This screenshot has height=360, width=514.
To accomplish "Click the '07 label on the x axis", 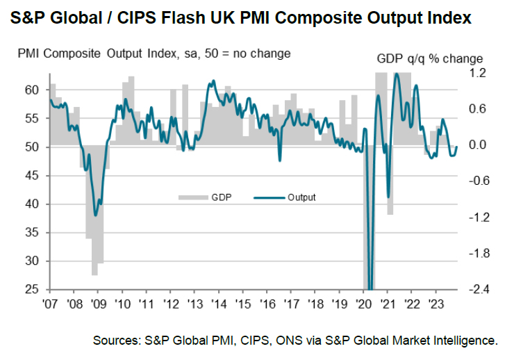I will coord(49,303).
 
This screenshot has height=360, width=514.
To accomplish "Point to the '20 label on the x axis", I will coord(363,303).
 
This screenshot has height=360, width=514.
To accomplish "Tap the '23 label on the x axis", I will coord(436,303).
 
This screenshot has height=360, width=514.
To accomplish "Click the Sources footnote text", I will coord(295,341).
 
